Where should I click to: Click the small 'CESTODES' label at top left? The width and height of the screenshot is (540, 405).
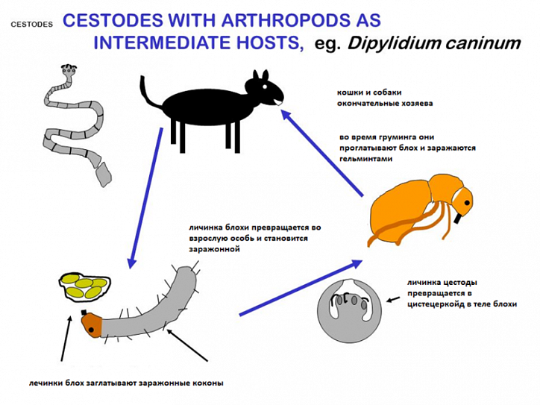tap(31, 25)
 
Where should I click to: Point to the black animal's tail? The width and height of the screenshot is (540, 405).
tap(148, 93)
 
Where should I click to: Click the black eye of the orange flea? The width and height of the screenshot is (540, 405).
tap(467, 203)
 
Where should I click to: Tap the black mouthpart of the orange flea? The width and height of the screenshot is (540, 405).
tap(457, 219)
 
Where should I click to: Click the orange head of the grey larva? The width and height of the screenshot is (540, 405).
tap(92, 325)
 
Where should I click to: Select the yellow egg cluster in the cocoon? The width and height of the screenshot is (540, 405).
tap(85, 287)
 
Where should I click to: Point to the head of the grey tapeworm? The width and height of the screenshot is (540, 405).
tap(69, 70)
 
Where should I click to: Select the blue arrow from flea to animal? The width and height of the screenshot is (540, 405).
tap(321, 153)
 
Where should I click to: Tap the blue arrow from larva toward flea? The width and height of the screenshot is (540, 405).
tap(301, 288)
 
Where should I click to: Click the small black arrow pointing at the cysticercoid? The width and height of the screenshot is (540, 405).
tap(393, 299)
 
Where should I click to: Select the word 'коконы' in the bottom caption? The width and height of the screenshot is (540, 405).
tap(211, 383)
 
